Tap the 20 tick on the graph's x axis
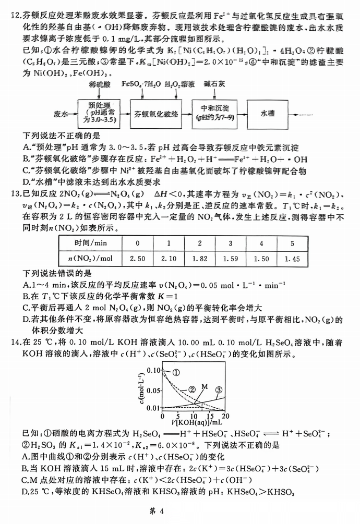pyautogui.click(x=225, y=416)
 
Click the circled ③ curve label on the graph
pyautogui.click(x=219, y=389)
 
